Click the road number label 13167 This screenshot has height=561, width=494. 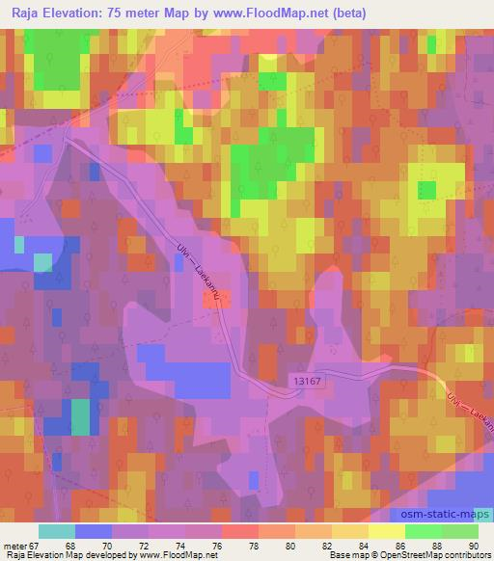(x=306, y=383)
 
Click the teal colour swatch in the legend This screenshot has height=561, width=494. (x=57, y=531)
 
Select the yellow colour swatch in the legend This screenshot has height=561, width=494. (x=383, y=531)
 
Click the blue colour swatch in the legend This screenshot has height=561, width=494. (x=94, y=531)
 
